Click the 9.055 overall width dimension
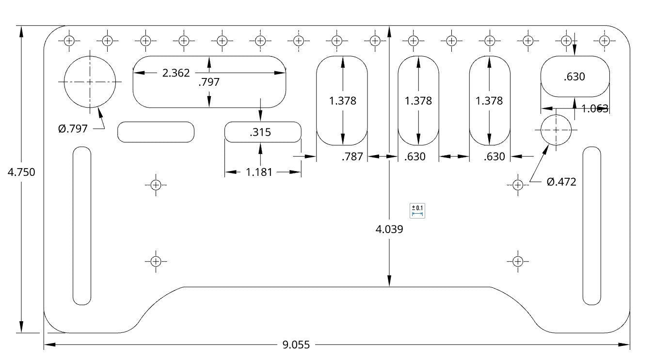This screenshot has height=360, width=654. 296,345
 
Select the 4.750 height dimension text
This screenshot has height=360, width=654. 21,172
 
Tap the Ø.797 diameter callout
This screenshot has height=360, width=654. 73,128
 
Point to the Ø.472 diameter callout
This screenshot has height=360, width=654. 561,182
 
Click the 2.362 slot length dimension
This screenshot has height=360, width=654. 175,73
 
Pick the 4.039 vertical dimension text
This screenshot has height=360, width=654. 389,229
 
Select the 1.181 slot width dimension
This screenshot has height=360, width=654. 259,172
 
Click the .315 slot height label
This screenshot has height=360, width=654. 260,132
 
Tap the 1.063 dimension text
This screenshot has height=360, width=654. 595,109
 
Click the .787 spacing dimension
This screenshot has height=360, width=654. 352,157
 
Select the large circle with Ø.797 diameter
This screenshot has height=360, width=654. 90,82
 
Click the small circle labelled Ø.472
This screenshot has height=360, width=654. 556,130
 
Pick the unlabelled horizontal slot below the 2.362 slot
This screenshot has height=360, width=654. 156,132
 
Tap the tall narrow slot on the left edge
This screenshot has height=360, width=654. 81,226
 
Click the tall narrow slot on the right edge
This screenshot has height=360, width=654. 591,226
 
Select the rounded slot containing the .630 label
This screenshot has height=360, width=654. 575,77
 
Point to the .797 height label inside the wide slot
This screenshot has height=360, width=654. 209,82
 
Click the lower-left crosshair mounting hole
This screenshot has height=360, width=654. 155,261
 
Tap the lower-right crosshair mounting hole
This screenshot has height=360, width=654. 517,261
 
